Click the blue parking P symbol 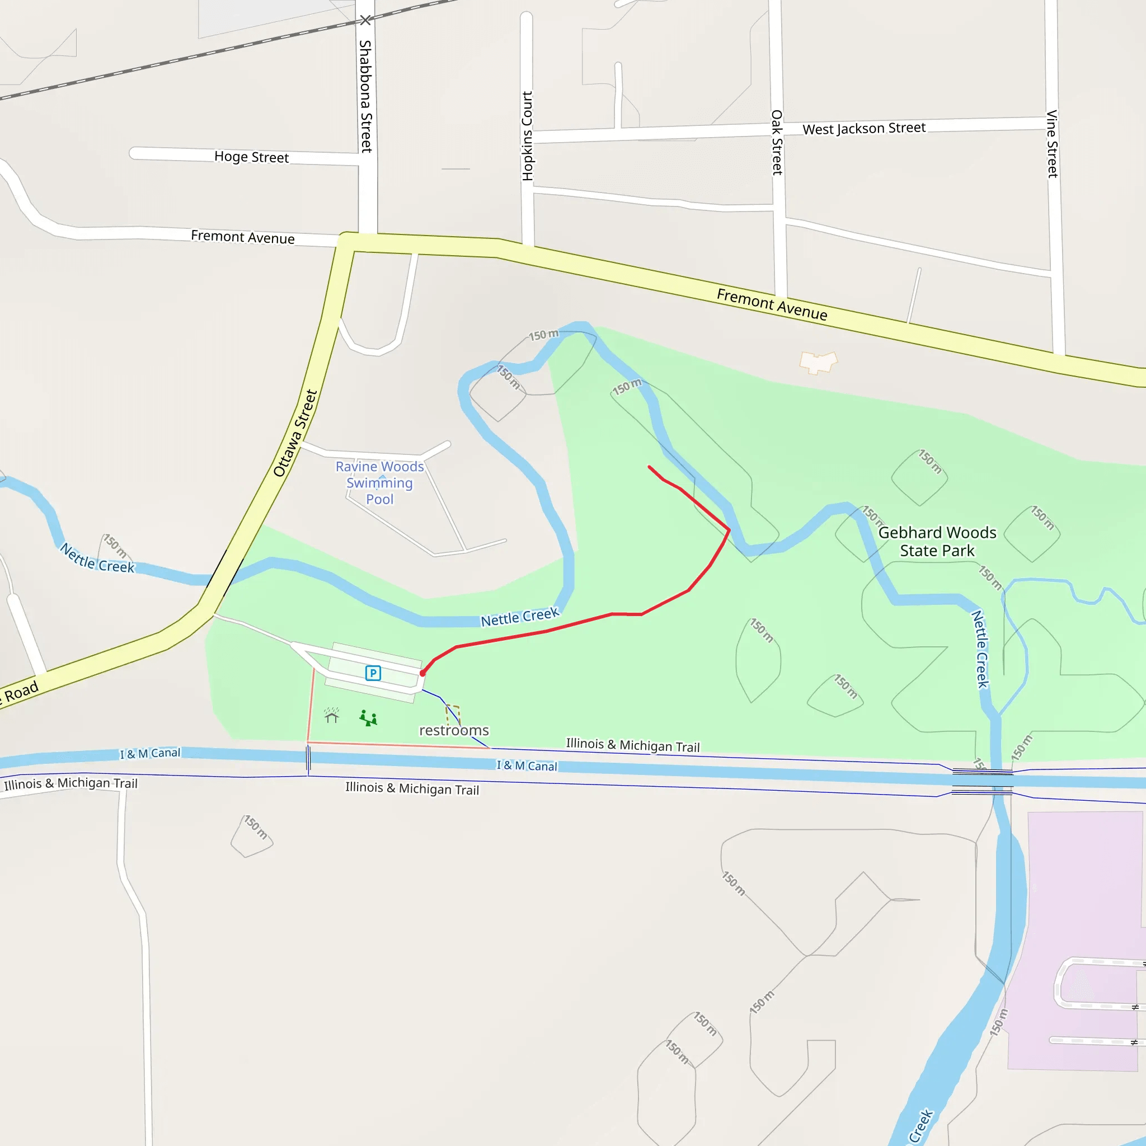coord(373,673)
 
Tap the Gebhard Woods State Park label coord(937,542)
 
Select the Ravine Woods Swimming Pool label coord(379,483)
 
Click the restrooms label coord(454,730)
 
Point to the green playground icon coord(368,718)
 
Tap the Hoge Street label coord(251,157)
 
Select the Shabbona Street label coord(366,96)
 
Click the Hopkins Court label coord(527,136)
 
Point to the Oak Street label coord(777,142)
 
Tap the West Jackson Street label coord(863,128)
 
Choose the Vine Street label coord(1053,144)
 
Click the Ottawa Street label coord(295,433)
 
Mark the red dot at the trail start coord(422,673)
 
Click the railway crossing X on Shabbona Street coord(365,21)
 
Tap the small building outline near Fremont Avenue coord(818,361)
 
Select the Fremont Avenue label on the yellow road coord(772,304)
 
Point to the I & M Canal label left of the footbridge coord(150,753)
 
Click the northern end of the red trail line coord(650,467)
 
